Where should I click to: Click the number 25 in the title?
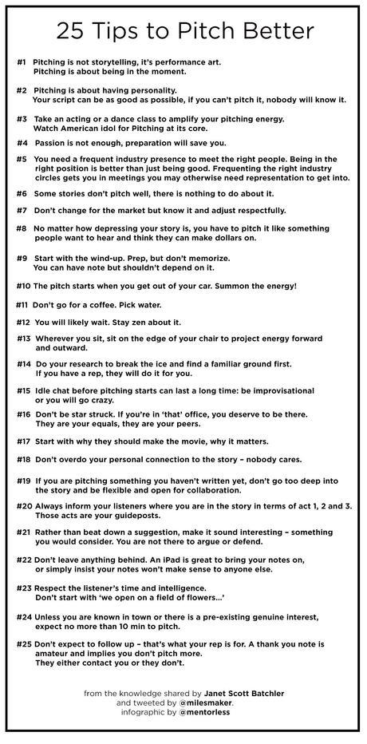click(70, 30)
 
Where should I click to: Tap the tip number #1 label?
click(22, 61)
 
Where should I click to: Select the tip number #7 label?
click(22, 210)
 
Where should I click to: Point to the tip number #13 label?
click(23, 338)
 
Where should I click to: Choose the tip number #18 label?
click(23, 460)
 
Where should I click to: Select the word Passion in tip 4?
click(50, 143)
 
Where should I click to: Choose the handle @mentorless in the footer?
click(211, 712)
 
